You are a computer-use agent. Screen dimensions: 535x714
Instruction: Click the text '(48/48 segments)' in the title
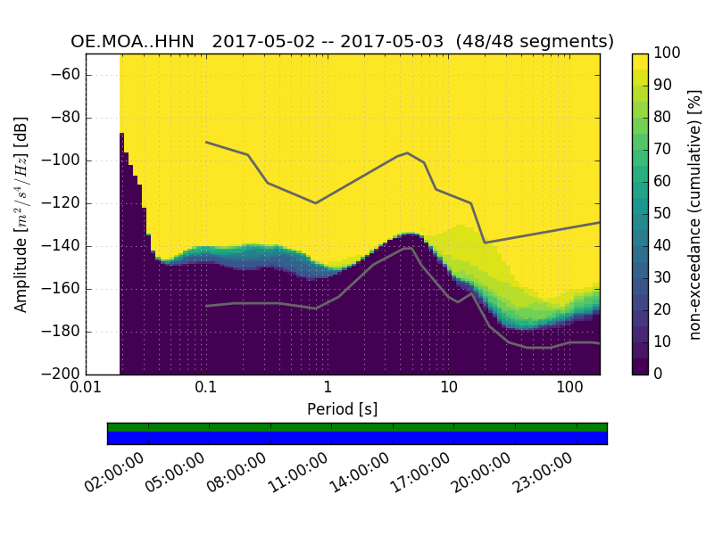point(535,42)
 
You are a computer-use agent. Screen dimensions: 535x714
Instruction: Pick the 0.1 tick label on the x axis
point(206,389)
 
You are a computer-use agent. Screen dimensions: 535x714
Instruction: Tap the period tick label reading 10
point(449,389)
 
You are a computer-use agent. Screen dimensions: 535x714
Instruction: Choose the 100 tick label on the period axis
point(569,389)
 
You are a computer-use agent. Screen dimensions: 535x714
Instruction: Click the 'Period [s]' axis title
point(342,409)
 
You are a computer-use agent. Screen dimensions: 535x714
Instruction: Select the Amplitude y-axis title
point(21,214)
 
